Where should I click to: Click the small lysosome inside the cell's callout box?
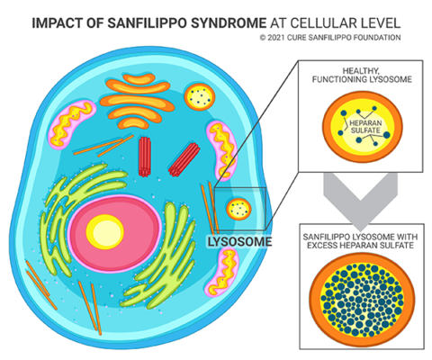pos(238,209)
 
